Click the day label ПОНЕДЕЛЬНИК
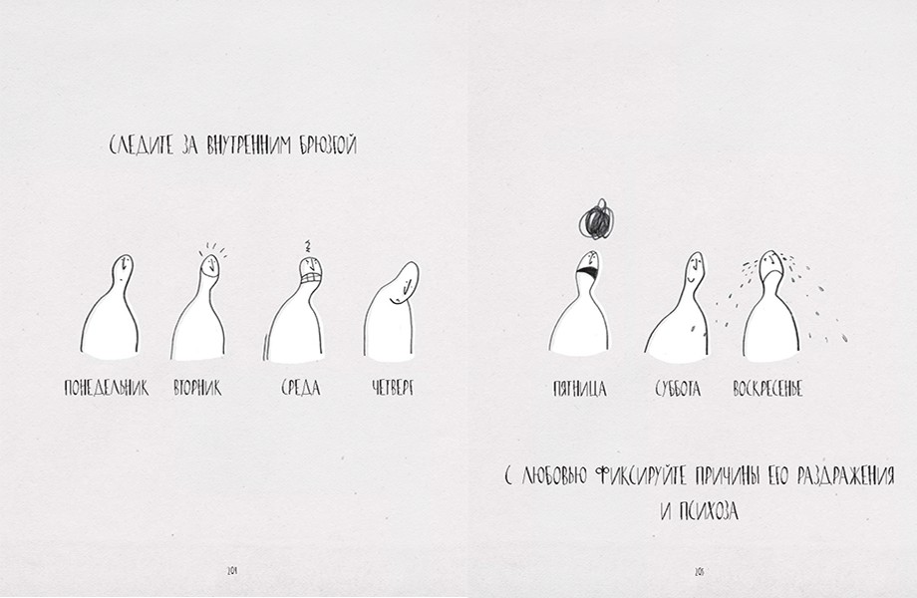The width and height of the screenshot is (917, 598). pyautogui.click(x=106, y=388)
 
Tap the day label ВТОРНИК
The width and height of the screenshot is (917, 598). pyautogui.click(x=197, y=388)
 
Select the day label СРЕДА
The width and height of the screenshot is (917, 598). pyautogui.click(x=301, y=388)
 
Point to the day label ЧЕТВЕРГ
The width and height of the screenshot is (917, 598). pyautogui.click(x=393, y=388)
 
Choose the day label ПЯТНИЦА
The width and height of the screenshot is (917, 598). pyautogui.click(x=579, y=389)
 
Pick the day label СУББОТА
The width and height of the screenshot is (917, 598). pyautogui.click(x=677, y=389)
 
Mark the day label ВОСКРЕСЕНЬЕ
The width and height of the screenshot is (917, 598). pyautogui.click(x=767, y=389)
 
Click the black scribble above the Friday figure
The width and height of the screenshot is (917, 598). pyautogui.click(x=596, y=219)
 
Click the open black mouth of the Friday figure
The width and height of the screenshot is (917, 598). pyautogui.click(x=588, y=271)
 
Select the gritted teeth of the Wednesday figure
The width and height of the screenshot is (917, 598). pyautogui.click(x=311, y=278)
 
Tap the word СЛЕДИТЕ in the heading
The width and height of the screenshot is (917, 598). pyautogui.click(x=142, y=146)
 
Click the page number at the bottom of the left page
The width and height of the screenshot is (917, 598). pyautogui.click(x=232, y=570)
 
